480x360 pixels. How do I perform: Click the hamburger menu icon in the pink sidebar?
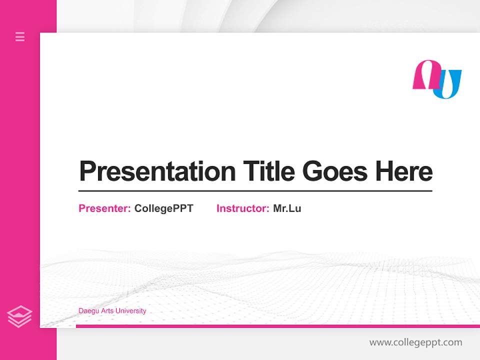coord(20,36)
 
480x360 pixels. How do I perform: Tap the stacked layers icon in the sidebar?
coord(19,316)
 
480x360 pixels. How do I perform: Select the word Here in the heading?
coord(404,171)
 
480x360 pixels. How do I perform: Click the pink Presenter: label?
coord(104,208)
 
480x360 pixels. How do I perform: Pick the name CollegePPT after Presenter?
coord(163,208)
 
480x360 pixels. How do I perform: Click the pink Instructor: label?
coord(242,208)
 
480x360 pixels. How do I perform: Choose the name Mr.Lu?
coord(287,208)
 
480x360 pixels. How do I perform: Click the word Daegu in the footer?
coord(87,311)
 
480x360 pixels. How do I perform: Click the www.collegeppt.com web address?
coord(415,342)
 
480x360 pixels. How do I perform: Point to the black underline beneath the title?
coord(255,191)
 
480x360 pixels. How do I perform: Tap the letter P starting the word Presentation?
coord(87,171)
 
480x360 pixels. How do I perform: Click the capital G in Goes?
coord(312,171)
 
